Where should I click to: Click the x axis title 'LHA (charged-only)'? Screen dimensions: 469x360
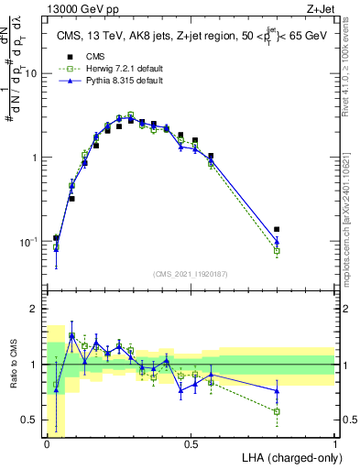point(289,457)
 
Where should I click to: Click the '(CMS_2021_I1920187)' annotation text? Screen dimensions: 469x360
point(190,273)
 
